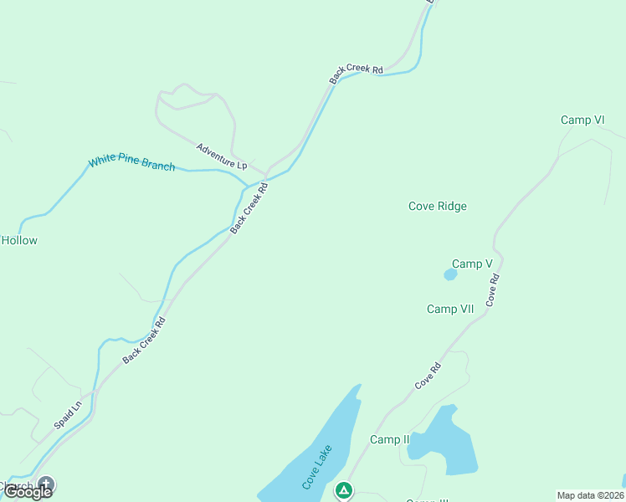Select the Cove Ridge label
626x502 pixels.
[x=437, y=207]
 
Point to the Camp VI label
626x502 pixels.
[x=582, y=120]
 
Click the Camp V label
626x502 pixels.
[x=472, y=264]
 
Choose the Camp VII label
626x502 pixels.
[x=450, y=310]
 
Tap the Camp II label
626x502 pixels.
[x=389, y=440]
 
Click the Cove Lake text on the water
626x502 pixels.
[x=317, y=467]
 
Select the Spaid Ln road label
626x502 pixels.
[x=68, y=414]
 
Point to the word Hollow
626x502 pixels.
[x=19, y=241]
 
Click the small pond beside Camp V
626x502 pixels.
[x=450, y=274]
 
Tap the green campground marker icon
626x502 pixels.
[x=343, y=489]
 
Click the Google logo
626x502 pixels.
[x=27, y=492]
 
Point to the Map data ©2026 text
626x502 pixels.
[x=590, y=495]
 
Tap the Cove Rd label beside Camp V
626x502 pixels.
[x=493, y=289]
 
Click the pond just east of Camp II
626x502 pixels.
[x=443, y=443]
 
